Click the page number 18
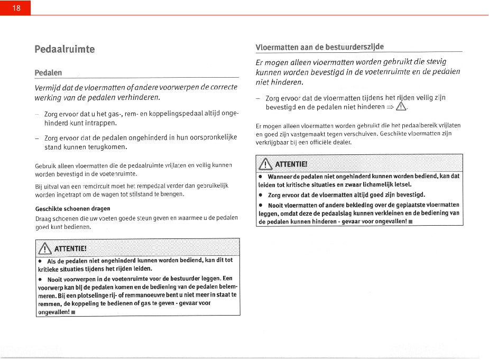[16, 8]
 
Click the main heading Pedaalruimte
[64, 49]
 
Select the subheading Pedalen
[48, 72]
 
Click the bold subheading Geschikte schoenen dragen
[72, 208]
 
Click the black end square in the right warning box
[425, 221]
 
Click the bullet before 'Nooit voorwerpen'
[40, 279]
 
